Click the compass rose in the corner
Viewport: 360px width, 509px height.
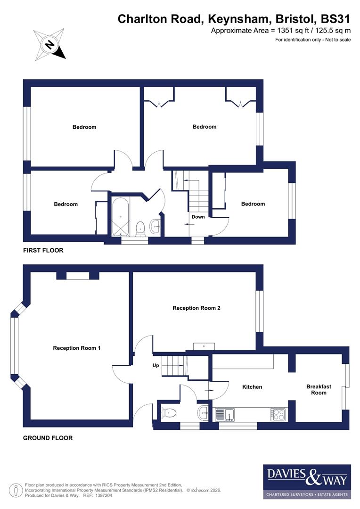(49, 44)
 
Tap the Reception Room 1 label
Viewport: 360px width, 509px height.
(77, 348)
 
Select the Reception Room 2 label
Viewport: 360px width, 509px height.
(196, 308)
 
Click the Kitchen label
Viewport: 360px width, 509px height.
(252, 387)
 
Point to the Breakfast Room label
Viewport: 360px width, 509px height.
(319, 389)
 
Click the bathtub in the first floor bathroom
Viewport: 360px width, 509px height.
(120, 216)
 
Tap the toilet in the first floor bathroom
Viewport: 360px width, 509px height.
(139, 229)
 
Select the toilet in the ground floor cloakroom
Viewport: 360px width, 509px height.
(169, 413)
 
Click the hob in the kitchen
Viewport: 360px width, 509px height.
(278, 414)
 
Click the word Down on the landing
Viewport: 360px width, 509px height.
(198, 217)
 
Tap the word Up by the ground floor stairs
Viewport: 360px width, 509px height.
(155, 365)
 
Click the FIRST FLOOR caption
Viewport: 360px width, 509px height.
(43, 250)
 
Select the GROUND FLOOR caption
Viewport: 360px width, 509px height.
(48, 438)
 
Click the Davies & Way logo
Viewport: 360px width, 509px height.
(307, 481)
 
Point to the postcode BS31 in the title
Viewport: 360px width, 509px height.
(335, 19)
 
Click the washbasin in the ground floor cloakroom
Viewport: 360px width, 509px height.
(203, 413)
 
